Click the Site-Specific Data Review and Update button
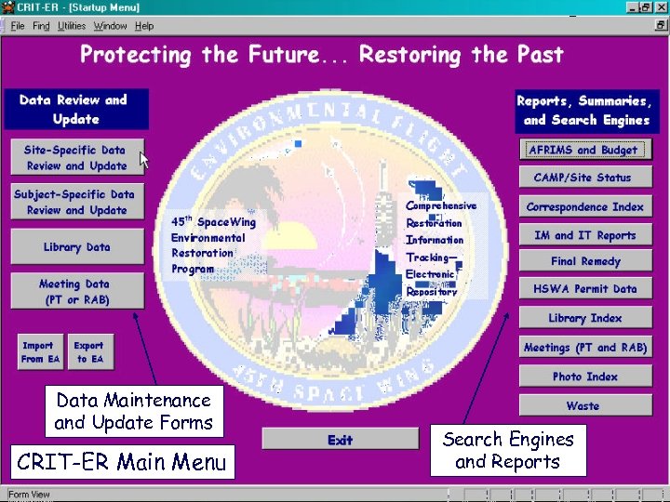[76, 158]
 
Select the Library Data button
[76, 247]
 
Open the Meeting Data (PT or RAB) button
[76, 292]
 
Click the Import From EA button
[40, 352]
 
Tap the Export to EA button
[89, 352]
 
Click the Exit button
[340, 440]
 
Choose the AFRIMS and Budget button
[583, 150]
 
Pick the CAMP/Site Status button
[583, 178]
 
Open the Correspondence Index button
[583, 207]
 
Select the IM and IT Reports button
[583, 235]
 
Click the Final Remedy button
[583, 262]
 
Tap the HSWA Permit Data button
[583, 289]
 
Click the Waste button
[583, 406]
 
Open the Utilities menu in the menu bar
[72, 26]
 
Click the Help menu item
[144, 26]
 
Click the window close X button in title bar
[659, 8]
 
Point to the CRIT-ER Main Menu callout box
[121, 462]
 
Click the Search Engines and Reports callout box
[514, 451]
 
